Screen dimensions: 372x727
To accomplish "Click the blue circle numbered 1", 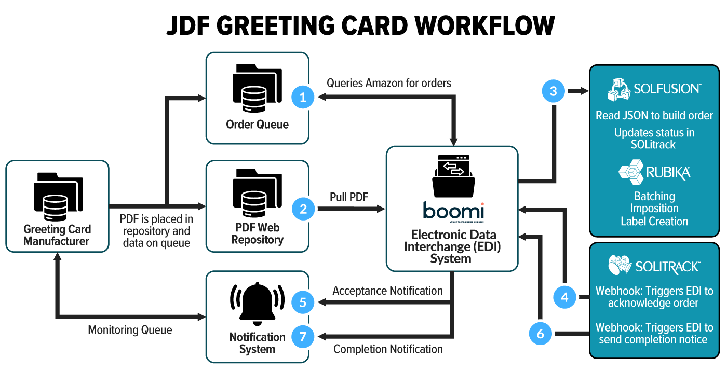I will coord(303,96).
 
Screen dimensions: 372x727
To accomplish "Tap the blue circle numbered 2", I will coord(303,209).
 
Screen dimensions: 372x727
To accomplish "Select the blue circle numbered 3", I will coord(554,91).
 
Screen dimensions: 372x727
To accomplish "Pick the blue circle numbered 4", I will coord(565,297).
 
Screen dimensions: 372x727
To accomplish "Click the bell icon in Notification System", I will coord(257,303).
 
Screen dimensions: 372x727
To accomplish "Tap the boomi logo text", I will coord(453,212).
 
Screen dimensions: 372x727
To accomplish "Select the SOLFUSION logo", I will coord(654,89).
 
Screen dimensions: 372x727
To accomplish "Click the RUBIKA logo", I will coord(654,172).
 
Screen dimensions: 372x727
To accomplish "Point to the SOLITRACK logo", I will coord(654,266).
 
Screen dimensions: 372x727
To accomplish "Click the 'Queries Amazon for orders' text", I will coord(388,83).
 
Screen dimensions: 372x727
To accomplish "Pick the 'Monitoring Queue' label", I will coord(130,330).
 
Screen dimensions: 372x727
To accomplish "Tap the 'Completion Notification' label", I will coord(388,349).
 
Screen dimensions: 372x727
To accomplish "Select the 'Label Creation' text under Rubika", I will coord(654,221).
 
